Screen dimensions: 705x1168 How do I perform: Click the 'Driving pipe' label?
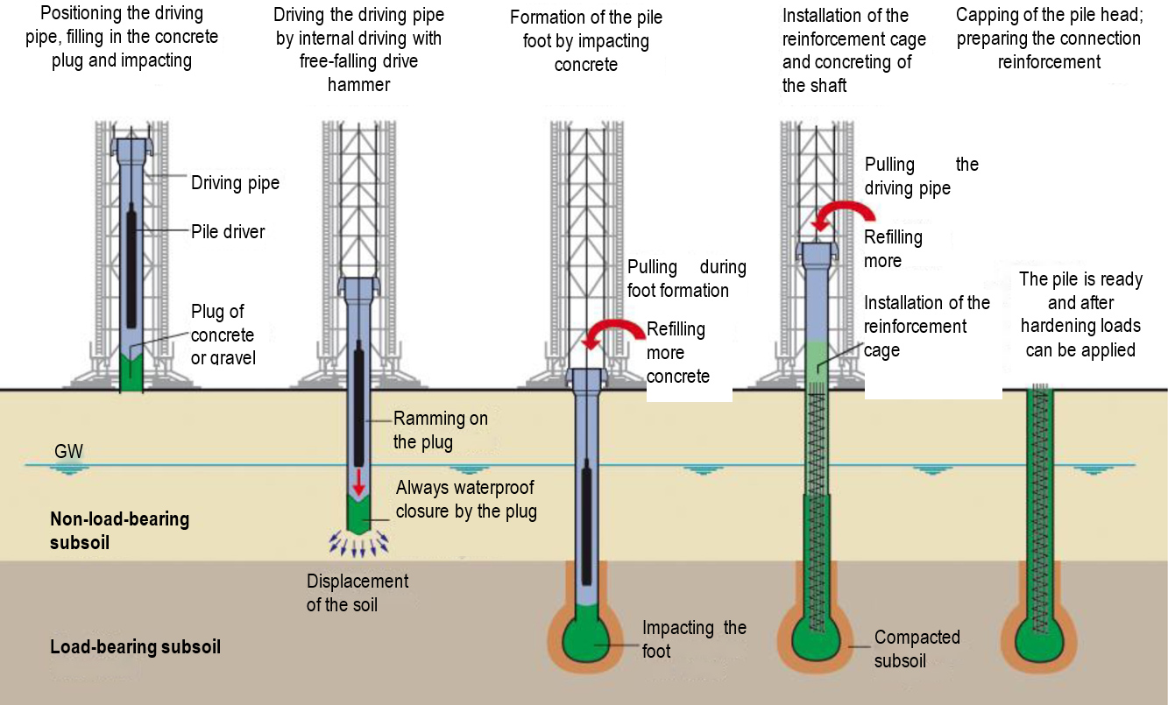coord(235,182)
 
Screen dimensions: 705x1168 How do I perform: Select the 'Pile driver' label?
coord(228,232)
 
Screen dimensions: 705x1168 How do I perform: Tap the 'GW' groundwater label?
coord(69,452)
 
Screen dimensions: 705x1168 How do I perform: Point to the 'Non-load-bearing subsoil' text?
coord(119,530)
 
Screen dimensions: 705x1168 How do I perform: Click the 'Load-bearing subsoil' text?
coord(135,647)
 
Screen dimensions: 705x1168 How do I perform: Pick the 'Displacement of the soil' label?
coord(357,593)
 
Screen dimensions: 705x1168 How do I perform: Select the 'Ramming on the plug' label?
coord(440,430)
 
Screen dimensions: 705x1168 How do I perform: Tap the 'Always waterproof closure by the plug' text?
coord(465,499)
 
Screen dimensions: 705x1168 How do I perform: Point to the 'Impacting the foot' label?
coord(694,639)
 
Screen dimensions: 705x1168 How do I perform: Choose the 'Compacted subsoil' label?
coord(917,649)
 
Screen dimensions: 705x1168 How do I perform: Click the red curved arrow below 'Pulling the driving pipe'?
coord(840,214)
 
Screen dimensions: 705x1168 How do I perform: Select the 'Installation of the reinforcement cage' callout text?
coord(926,327)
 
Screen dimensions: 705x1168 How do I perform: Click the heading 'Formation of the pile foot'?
coord(586,40)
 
